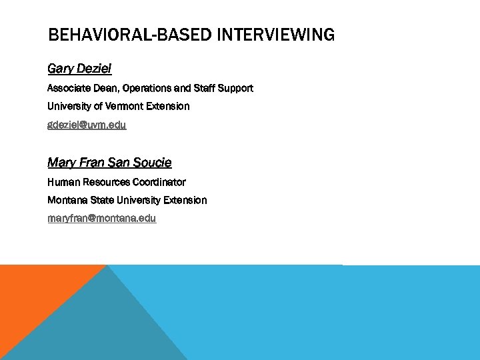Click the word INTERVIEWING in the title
(x=276, y=35)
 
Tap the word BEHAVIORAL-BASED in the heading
(x=131, y=35)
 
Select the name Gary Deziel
(x=79, y=69)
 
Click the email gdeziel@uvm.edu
(x=87, y=125)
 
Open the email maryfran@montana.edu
(x=102, y=218)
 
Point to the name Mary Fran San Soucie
(x=109, y=163)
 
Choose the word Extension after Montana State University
(x=184, y=200)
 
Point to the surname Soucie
(x=152, y=163)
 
